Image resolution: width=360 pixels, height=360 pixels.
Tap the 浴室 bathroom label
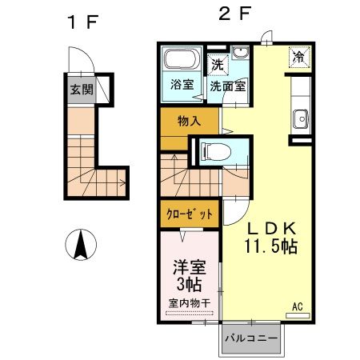[180, 83]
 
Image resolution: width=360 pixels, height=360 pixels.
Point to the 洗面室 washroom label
[227, 85]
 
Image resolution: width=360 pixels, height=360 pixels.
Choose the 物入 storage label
[189, 120]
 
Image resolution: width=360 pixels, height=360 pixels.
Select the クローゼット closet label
[190, 214]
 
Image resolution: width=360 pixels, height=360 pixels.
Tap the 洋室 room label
[190, 266]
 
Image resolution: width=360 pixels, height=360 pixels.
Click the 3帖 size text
[190, 284]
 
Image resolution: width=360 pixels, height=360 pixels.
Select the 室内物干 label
[190, 302]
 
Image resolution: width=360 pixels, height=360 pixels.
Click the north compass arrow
[80, 244]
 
